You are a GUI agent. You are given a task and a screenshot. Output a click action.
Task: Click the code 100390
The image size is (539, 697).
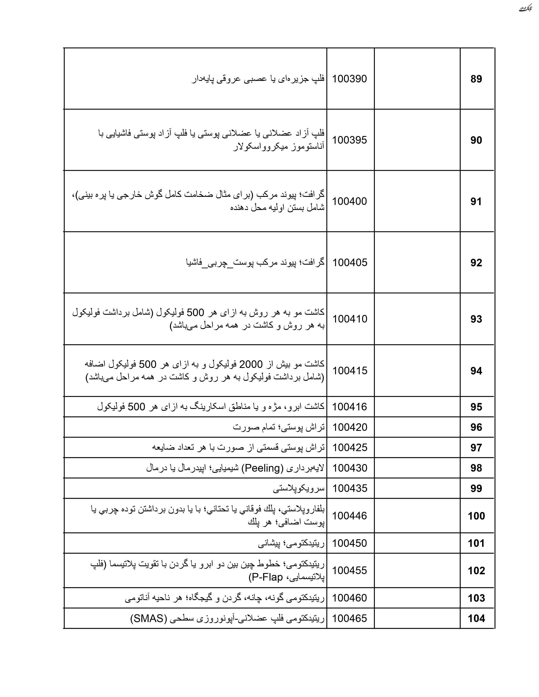coord(350,79)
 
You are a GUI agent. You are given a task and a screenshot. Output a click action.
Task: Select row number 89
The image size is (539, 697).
coord(476,79)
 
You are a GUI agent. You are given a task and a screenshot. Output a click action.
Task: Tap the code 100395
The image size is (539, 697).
coord(350,140)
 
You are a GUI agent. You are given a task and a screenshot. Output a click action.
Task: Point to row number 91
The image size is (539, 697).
coord(476,202)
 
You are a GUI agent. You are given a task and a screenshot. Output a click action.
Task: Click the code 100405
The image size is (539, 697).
coord(350,263)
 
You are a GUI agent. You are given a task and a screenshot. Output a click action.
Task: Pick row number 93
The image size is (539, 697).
coord(476,319)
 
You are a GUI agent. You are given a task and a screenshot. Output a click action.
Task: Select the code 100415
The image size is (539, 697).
coord(350,371)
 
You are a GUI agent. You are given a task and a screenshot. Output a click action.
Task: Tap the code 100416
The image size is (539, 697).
coord(350,407)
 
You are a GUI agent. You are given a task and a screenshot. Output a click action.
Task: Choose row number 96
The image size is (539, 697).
coord(476,427)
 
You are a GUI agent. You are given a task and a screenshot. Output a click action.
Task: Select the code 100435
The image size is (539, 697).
coord(350,489)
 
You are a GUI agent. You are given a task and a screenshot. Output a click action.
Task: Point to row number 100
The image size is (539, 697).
coord(476,516)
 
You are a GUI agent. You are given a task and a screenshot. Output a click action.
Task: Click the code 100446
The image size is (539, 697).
coord(350,516)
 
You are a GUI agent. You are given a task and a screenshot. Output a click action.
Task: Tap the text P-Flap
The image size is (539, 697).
coord(266,578)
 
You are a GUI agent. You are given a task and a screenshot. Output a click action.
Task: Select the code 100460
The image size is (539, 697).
coord(350,598)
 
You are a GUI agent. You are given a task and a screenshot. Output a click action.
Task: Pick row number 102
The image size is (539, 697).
coord(476,571)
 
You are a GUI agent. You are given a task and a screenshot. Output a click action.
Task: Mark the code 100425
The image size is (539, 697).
coord(350,448)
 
